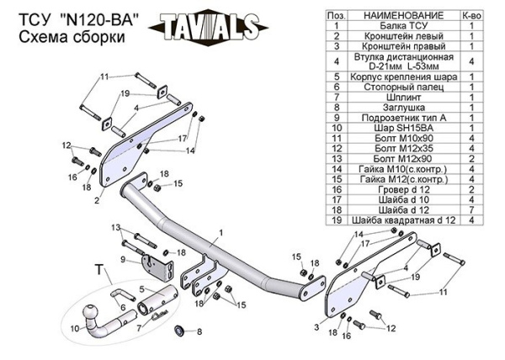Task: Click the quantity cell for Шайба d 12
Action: point(471,209)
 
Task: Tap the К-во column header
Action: point(471,16)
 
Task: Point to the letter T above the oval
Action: point(98,270)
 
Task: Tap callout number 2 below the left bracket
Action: point(97,201)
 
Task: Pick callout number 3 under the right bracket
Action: point(317,327)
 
